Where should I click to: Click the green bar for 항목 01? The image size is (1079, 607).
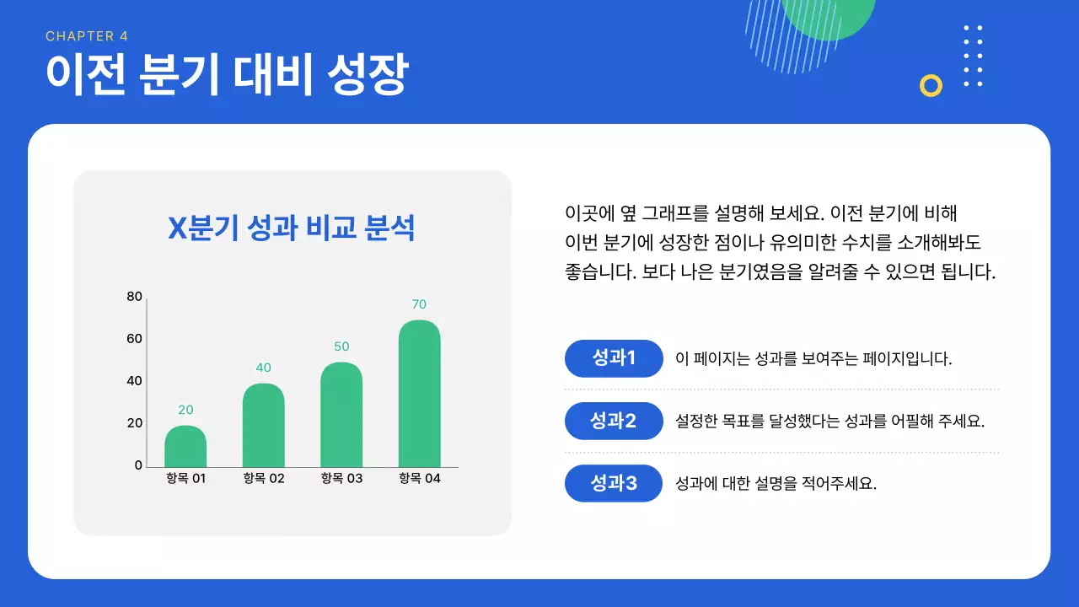pos(185,447)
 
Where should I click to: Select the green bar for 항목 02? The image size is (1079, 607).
pos(263,426)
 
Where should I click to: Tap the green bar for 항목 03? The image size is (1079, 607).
pos(341,415)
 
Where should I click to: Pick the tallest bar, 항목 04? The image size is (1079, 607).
pos(419,394)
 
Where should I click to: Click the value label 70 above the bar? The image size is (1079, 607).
pos(419,304)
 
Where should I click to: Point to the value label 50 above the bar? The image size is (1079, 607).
pos(341,346)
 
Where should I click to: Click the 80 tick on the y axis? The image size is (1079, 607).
pos(134,297)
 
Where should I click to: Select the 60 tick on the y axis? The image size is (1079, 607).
pos(134,339)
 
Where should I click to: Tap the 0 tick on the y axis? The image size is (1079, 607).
pos(138,465)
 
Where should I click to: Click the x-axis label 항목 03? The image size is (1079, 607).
pos(341,479)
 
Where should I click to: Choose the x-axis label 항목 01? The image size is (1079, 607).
pos(185,479)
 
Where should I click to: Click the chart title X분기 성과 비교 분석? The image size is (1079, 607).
pos(292,228)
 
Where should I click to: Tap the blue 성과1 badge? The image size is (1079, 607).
pos(614,358)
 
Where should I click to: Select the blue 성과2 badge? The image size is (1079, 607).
pos(614,422)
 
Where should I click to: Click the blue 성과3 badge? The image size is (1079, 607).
pos(614,484)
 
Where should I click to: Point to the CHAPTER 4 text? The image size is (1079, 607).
pos(87,36)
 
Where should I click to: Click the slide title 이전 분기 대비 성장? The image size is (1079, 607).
pos(226,76)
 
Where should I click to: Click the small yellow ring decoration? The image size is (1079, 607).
pos(931,85)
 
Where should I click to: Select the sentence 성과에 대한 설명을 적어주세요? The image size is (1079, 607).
pos(776,485)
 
